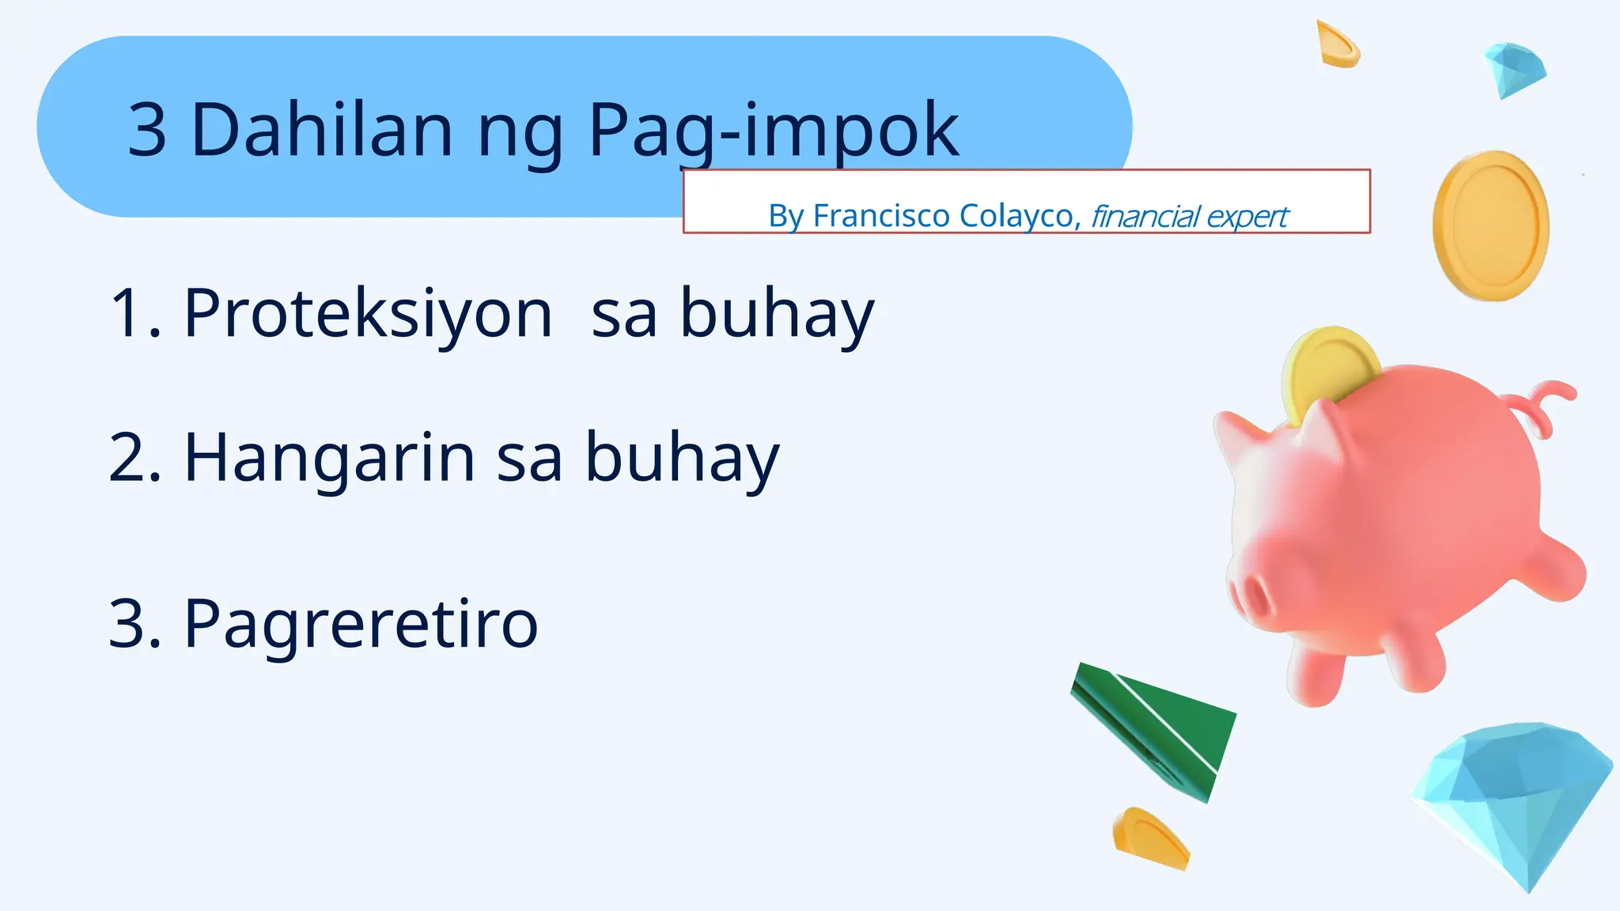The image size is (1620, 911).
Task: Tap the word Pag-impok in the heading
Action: pyautogui.click(x=773, y=130)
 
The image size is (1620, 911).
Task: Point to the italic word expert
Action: pyautogui.click(x=1247, y=217)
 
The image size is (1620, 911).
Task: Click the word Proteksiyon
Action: pyautogui.click(x=368, y=314)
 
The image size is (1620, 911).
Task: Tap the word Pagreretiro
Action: pyautogui.click(x=361, y=624)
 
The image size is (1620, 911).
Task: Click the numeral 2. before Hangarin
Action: pyautogui.click(x=135, y=458)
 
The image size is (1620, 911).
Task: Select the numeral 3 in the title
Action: pyautogui.click(x=147, y=130)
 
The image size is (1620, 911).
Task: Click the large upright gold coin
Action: pyautogui.click(x=1490, y=225)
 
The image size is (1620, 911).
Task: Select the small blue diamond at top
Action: pyautogui.click(x=1514, y=70)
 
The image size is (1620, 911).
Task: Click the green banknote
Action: pyautogui.click(x=1155, y=728)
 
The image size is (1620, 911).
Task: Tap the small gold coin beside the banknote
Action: pyautogui.click(x=1150, y=838)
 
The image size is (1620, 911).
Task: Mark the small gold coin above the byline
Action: pyautogui.click(x=1337, y=44)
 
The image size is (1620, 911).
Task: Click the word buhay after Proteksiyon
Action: pyautogui.click(x=777, y=314)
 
